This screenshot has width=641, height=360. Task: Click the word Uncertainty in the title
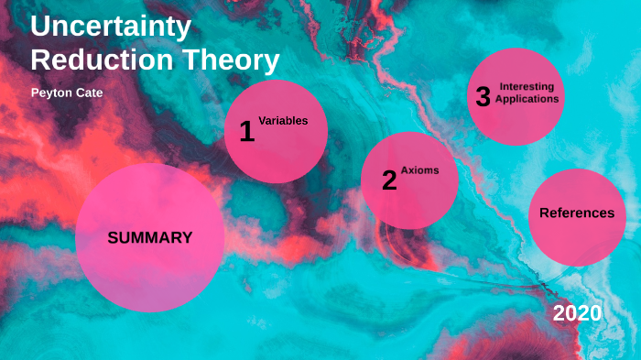click(111, 27)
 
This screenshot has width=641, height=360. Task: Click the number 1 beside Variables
click(246, 132)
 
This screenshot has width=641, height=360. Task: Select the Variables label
click(283, 120)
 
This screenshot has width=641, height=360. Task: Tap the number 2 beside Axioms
click(389, 181)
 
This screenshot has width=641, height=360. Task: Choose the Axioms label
click(419, 170)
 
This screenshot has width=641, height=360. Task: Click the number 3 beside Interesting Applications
click(483, 97)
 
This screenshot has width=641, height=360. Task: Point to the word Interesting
click(527, 86)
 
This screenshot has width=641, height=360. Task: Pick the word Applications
click(527, 98)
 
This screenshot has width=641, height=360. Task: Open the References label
click(577, 213)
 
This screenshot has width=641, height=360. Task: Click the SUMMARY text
click(150, 237)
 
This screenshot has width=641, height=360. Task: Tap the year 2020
click(577, 313)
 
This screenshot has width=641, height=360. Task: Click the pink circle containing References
click(577, 238)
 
